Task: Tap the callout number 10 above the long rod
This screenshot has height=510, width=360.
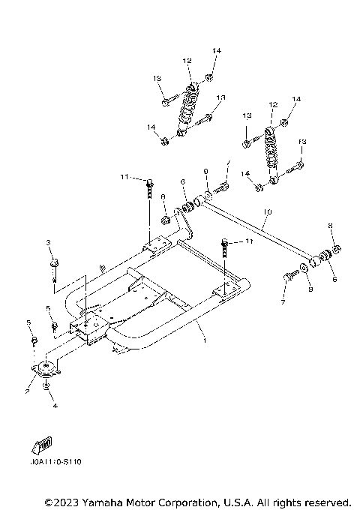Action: point(266,214)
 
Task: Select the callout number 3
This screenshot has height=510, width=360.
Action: point(49,243)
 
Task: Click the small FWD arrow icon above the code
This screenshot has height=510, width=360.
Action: point(44,445)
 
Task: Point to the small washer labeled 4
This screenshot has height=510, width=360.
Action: point(47,388)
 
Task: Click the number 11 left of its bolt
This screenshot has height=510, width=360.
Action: point(123,176)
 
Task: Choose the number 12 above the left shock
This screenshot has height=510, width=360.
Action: point(187,61)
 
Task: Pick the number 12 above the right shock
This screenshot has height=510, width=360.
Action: point(273,104)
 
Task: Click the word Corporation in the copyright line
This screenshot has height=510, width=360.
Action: point(199,501)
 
